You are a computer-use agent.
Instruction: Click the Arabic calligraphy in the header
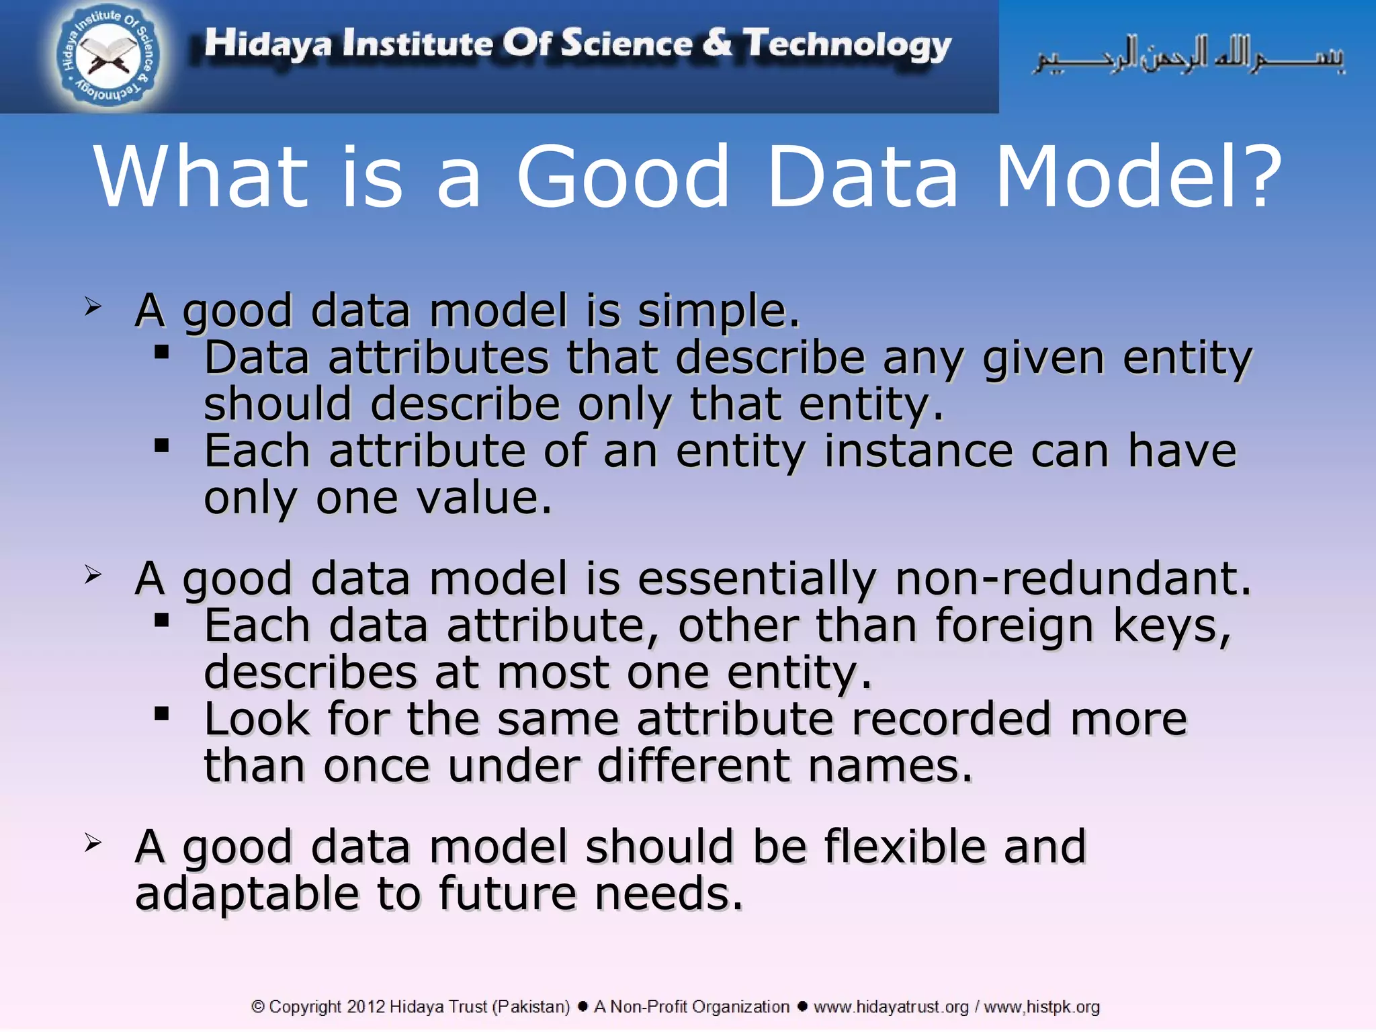point(1189,55)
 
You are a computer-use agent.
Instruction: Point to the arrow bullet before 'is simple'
point(93,308)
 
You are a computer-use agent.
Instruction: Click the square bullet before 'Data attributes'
point(161,352)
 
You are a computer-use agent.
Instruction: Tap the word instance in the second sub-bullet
point(918,451)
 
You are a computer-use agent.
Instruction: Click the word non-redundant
point(1073,579)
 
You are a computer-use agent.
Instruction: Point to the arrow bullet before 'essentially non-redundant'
point(93,575)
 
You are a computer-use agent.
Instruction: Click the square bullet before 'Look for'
point(161,714)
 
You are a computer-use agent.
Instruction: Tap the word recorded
point(951,719)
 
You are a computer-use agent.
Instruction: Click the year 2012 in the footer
point(366,1006)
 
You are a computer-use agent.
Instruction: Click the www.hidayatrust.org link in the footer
point(891,1006)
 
